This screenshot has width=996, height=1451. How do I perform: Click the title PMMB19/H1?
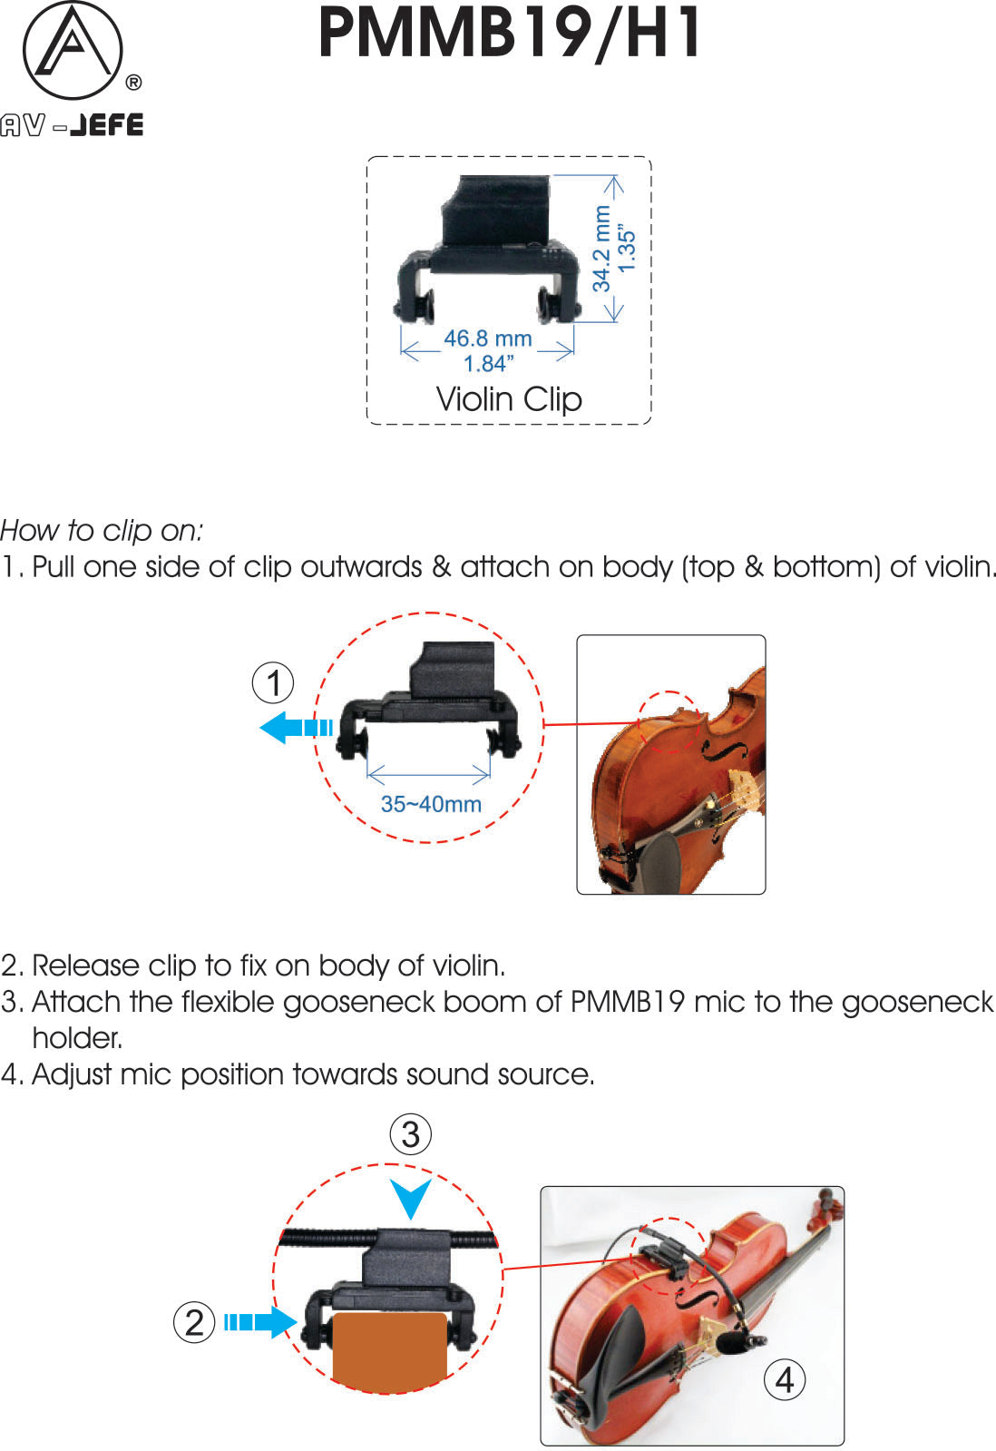(x=509, y=34)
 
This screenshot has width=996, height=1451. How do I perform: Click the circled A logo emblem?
(x=72, y=51)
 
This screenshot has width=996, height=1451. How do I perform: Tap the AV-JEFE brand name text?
(x=72, y=124)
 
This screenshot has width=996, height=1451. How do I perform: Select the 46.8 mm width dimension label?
(x=487, y=338)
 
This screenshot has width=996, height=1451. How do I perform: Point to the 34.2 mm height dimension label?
(x=601, y=248)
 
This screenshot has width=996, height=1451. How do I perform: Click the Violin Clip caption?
(x=509, y=399)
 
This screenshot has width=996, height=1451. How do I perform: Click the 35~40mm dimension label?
(x=430, y=804)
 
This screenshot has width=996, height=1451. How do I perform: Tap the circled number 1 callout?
(x=273, y=682)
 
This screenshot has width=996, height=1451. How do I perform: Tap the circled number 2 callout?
(x=194, y=1322)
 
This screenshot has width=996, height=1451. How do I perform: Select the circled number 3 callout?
(x=410, y=1134)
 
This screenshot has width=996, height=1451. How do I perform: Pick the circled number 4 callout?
(x=784, y=1379)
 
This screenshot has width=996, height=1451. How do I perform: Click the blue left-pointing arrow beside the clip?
(x=294, y=727)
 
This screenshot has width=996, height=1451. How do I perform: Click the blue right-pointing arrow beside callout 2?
(x=261, y=1322)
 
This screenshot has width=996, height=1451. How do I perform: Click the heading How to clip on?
(x=102, y=530)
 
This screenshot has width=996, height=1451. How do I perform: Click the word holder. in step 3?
(x=77, y=1038)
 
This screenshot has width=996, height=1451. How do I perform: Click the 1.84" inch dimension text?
(x=488, y=364)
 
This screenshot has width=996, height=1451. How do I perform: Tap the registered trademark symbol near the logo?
(x=132, y=83)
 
